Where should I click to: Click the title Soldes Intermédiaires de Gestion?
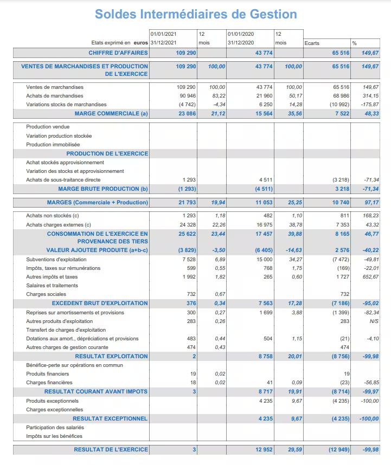coord(196,14)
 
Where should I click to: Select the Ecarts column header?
coord(312,43)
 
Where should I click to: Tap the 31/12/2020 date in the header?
coord(241,43)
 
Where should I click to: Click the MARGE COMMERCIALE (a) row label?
coord(111,113)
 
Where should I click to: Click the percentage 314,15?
coord(371,96)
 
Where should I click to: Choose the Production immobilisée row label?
coord(53,145)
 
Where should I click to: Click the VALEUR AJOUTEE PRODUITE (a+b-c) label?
coord(97,250)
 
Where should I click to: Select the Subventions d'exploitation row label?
coord(56,260)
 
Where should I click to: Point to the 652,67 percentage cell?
coord(371,277)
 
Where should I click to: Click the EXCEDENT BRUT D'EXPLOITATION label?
coord(100,303)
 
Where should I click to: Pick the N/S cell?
coord(374,321)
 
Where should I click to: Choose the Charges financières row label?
coord(49,383)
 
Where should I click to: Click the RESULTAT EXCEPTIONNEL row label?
coord(110,418)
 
